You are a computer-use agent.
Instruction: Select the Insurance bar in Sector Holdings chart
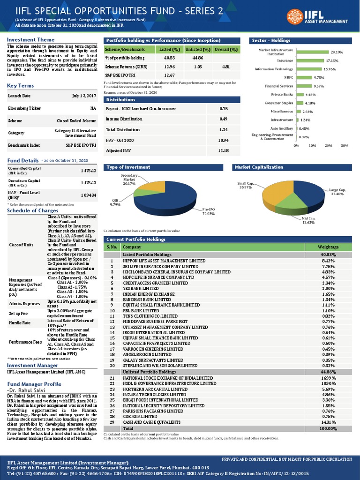[x=310, y=60]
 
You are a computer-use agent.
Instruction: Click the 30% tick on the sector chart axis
[x=344, y=145]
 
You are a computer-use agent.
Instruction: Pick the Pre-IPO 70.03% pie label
[x=208, y=211]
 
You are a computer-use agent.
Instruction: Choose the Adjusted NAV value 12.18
[x=224, y=150]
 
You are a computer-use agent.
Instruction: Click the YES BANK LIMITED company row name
[x=141, y=289]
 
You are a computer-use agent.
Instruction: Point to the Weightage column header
[x=328, y=247]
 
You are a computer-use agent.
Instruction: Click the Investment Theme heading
[x=30, y=40]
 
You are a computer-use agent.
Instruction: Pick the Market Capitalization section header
[x=259, y=167]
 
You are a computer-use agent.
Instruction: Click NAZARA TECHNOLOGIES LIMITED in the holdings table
[x=155, y=395]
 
